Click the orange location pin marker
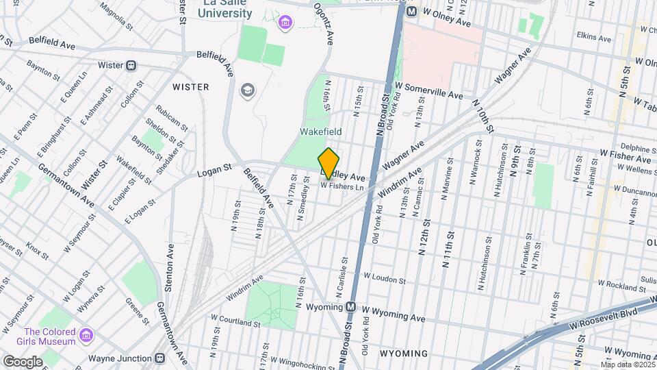329,163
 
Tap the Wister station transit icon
131,66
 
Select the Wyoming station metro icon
351,306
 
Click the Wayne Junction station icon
159,358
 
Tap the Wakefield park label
320,131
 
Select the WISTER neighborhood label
190,87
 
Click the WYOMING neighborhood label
403,354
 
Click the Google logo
22,361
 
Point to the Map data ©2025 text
628,365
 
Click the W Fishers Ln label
342,186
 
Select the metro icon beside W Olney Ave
411,12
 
